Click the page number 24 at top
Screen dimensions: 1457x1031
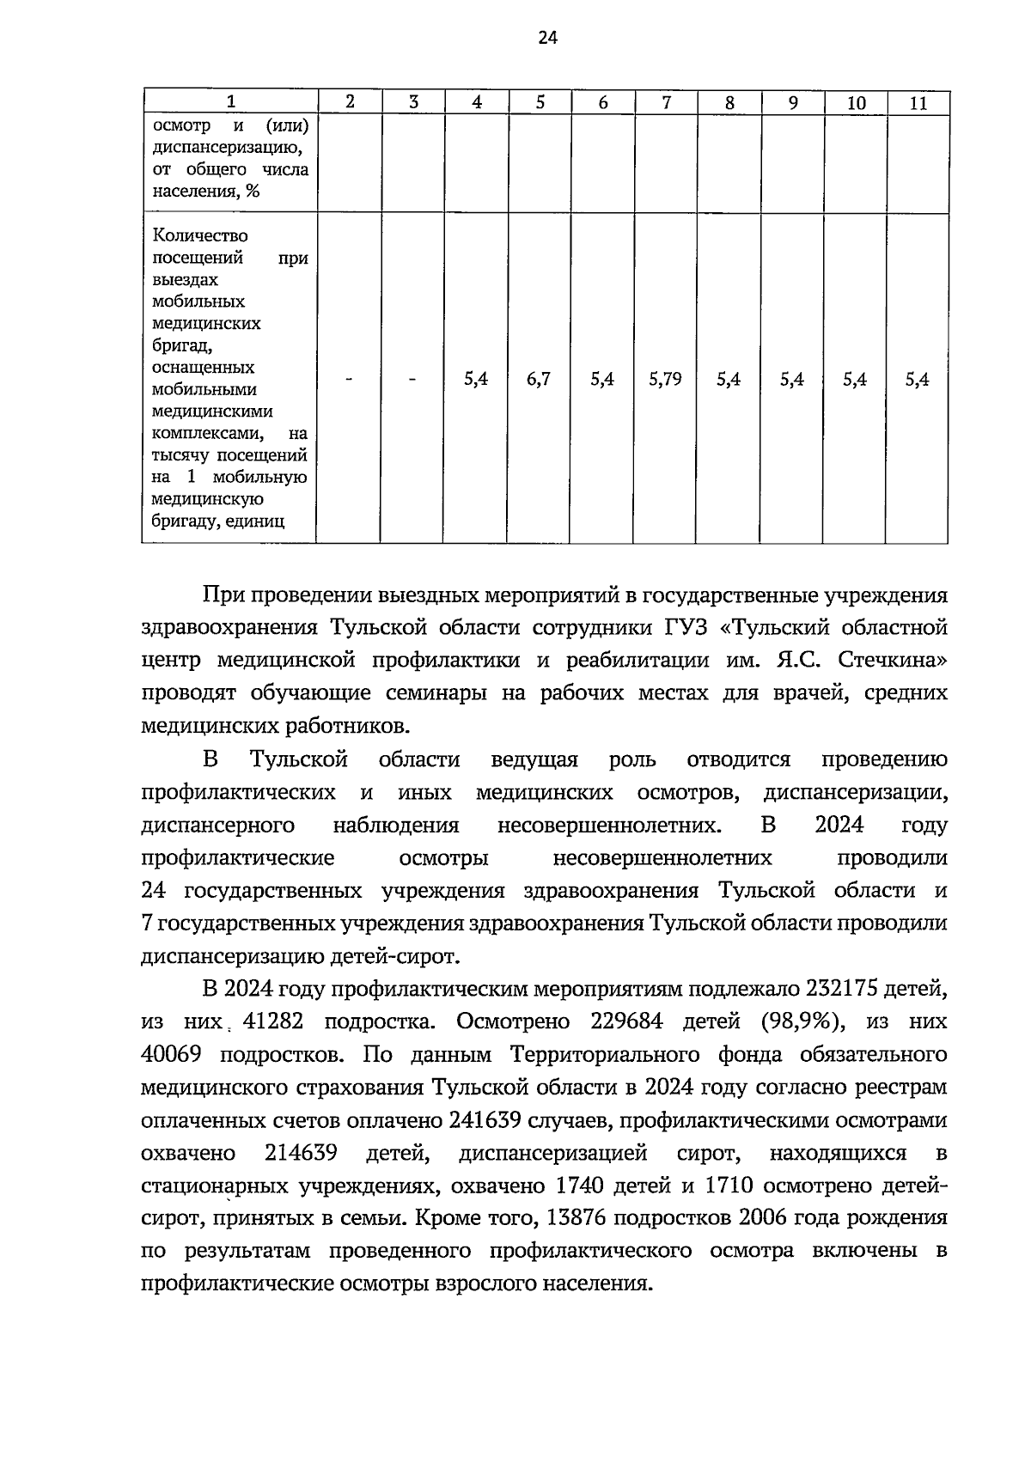[547, 37]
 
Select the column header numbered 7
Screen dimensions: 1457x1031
[667, 103]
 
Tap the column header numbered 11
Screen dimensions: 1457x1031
[918, 103]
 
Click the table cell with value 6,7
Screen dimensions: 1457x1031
[539, 379]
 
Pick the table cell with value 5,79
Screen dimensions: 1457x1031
[665, 379]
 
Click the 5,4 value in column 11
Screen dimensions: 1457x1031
[917, 379]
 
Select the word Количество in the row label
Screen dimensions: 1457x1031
[199, 235]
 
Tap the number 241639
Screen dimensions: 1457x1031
[486, 1120]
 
